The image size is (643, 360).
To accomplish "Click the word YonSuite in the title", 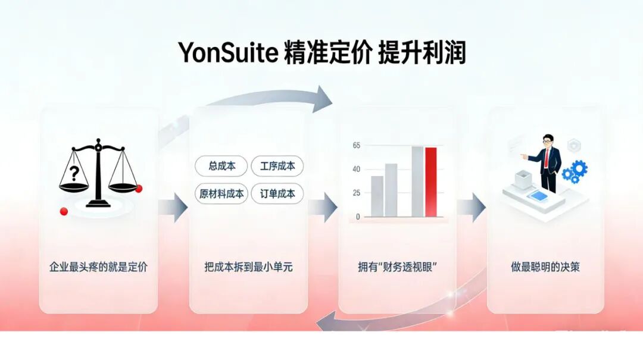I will point(228,52).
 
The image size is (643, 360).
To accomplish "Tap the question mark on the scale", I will point(74,173).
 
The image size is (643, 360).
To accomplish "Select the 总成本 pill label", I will point(222,166).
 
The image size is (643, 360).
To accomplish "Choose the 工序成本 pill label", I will point(277,166).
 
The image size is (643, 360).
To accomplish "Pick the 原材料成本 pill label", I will point(221,193).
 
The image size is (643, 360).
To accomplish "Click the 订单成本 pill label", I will point(277,193).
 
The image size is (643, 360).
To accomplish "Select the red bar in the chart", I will point(430,181).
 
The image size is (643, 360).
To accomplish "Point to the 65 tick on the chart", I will point(357,145).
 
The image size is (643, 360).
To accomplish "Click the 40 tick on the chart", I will point(357,169).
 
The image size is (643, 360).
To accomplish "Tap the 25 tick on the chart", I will point(357,193).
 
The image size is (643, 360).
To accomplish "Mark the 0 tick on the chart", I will point(358,217).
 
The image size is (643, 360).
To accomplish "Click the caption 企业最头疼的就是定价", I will point(98,267).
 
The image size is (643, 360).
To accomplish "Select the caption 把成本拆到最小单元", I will point(248,267).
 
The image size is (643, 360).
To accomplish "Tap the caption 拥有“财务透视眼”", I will point(397,267).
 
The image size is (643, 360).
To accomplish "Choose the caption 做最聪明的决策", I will point(545,267).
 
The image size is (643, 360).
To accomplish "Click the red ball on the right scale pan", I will point(139,189).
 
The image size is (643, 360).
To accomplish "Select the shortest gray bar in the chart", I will point(377,196).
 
